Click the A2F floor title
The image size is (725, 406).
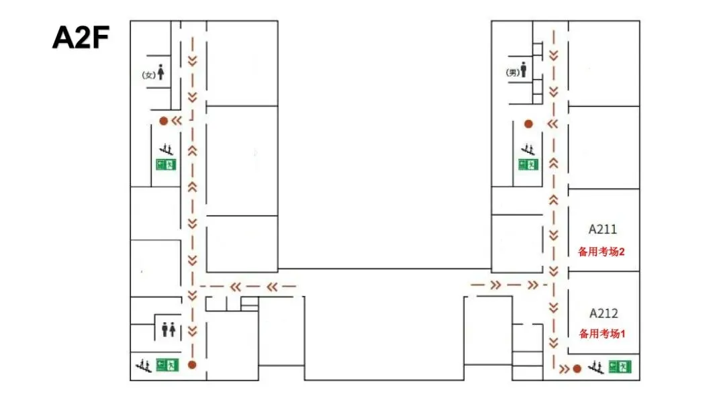point(81,38)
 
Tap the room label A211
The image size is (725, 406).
point(602,230)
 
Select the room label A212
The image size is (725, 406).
point(603,313)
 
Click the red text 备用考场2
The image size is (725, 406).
point(601,252)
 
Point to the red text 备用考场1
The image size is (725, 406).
point(602,334)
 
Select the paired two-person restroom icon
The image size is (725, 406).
point(168,329)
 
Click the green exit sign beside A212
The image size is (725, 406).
point(620,367)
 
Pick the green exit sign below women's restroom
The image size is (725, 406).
point(166,164)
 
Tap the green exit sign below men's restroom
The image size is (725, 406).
point(528,164)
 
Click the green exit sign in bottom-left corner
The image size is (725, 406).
point(167,365)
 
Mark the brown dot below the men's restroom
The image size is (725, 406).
point(528,124)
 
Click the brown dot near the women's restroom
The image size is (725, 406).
point(163,121)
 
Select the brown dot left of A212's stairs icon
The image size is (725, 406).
point(577,368)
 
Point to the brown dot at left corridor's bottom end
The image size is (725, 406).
point(192,365)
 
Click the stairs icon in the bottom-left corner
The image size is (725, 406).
point(144,366)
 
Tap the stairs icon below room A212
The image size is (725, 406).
point(596,367)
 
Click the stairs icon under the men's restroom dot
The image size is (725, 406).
point(528,149)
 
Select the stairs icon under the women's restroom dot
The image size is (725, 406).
point(166,149)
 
